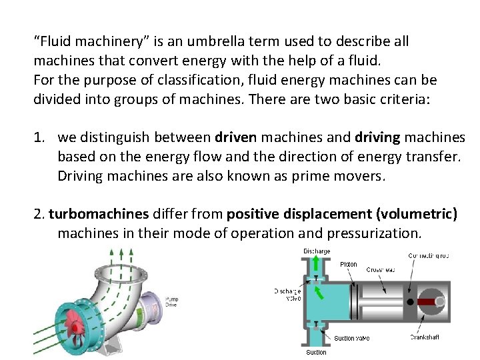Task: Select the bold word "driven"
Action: click(x=235, y=138)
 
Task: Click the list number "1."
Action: click(x=41, y=138)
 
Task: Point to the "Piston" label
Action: click(x=348, y=264)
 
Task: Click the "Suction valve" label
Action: click(x=351, y=339)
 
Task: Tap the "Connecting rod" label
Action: click(x=429, y=255)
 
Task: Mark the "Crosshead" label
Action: click(x=380, y=269)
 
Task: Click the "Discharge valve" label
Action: click(x=287, y=294)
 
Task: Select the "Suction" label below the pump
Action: click(x=316, y=352)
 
